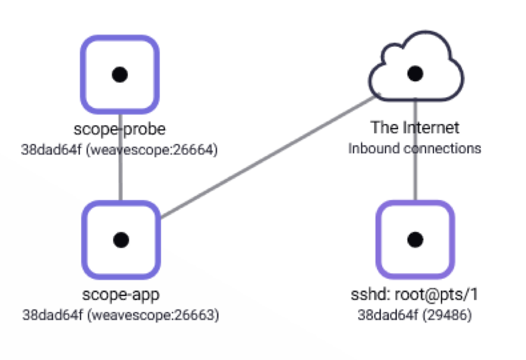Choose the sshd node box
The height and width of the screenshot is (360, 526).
(x=415, y=239)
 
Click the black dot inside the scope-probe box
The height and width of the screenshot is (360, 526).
(x=120, y=74)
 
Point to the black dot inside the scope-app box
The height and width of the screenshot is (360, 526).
(x=120, y=240)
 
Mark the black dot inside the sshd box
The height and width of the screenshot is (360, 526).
(x=415, y=240)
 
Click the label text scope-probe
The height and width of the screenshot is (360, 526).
(x=120, y=129)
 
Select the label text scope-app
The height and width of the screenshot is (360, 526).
(x=120, y=295)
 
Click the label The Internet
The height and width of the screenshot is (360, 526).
(x=415, y=127)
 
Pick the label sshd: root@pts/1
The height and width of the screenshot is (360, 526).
(x=415, y=295)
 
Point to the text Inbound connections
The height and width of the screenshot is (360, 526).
(x=415, y=148)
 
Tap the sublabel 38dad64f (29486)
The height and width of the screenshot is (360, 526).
(x=415, y=316)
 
